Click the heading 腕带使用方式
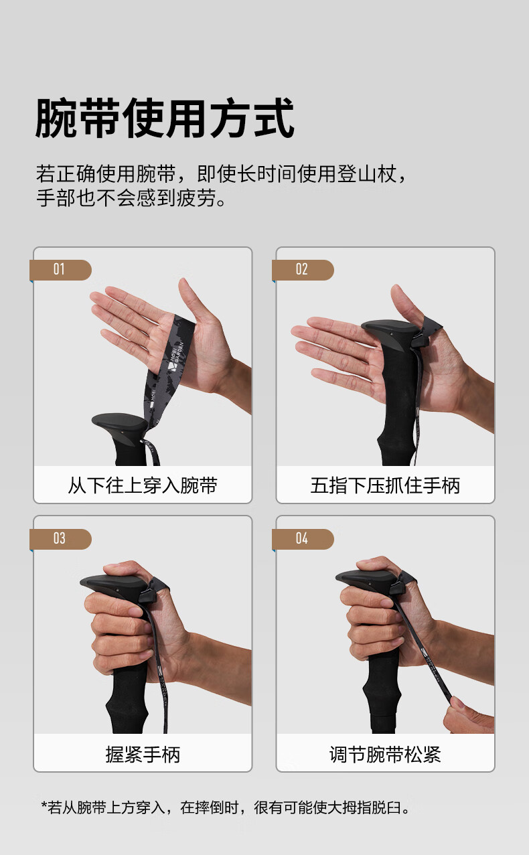coord(165,118)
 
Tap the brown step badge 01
coord(61,270)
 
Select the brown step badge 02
coord(303,270)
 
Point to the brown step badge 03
coord(61,539)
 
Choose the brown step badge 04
coord(303,539)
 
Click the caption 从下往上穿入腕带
coord(143,485)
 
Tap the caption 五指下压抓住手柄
coord(385,485)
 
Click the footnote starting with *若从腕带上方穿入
coord(225,807)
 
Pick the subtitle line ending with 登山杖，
coord(222,174)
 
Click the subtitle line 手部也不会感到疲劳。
coord(131,198)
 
